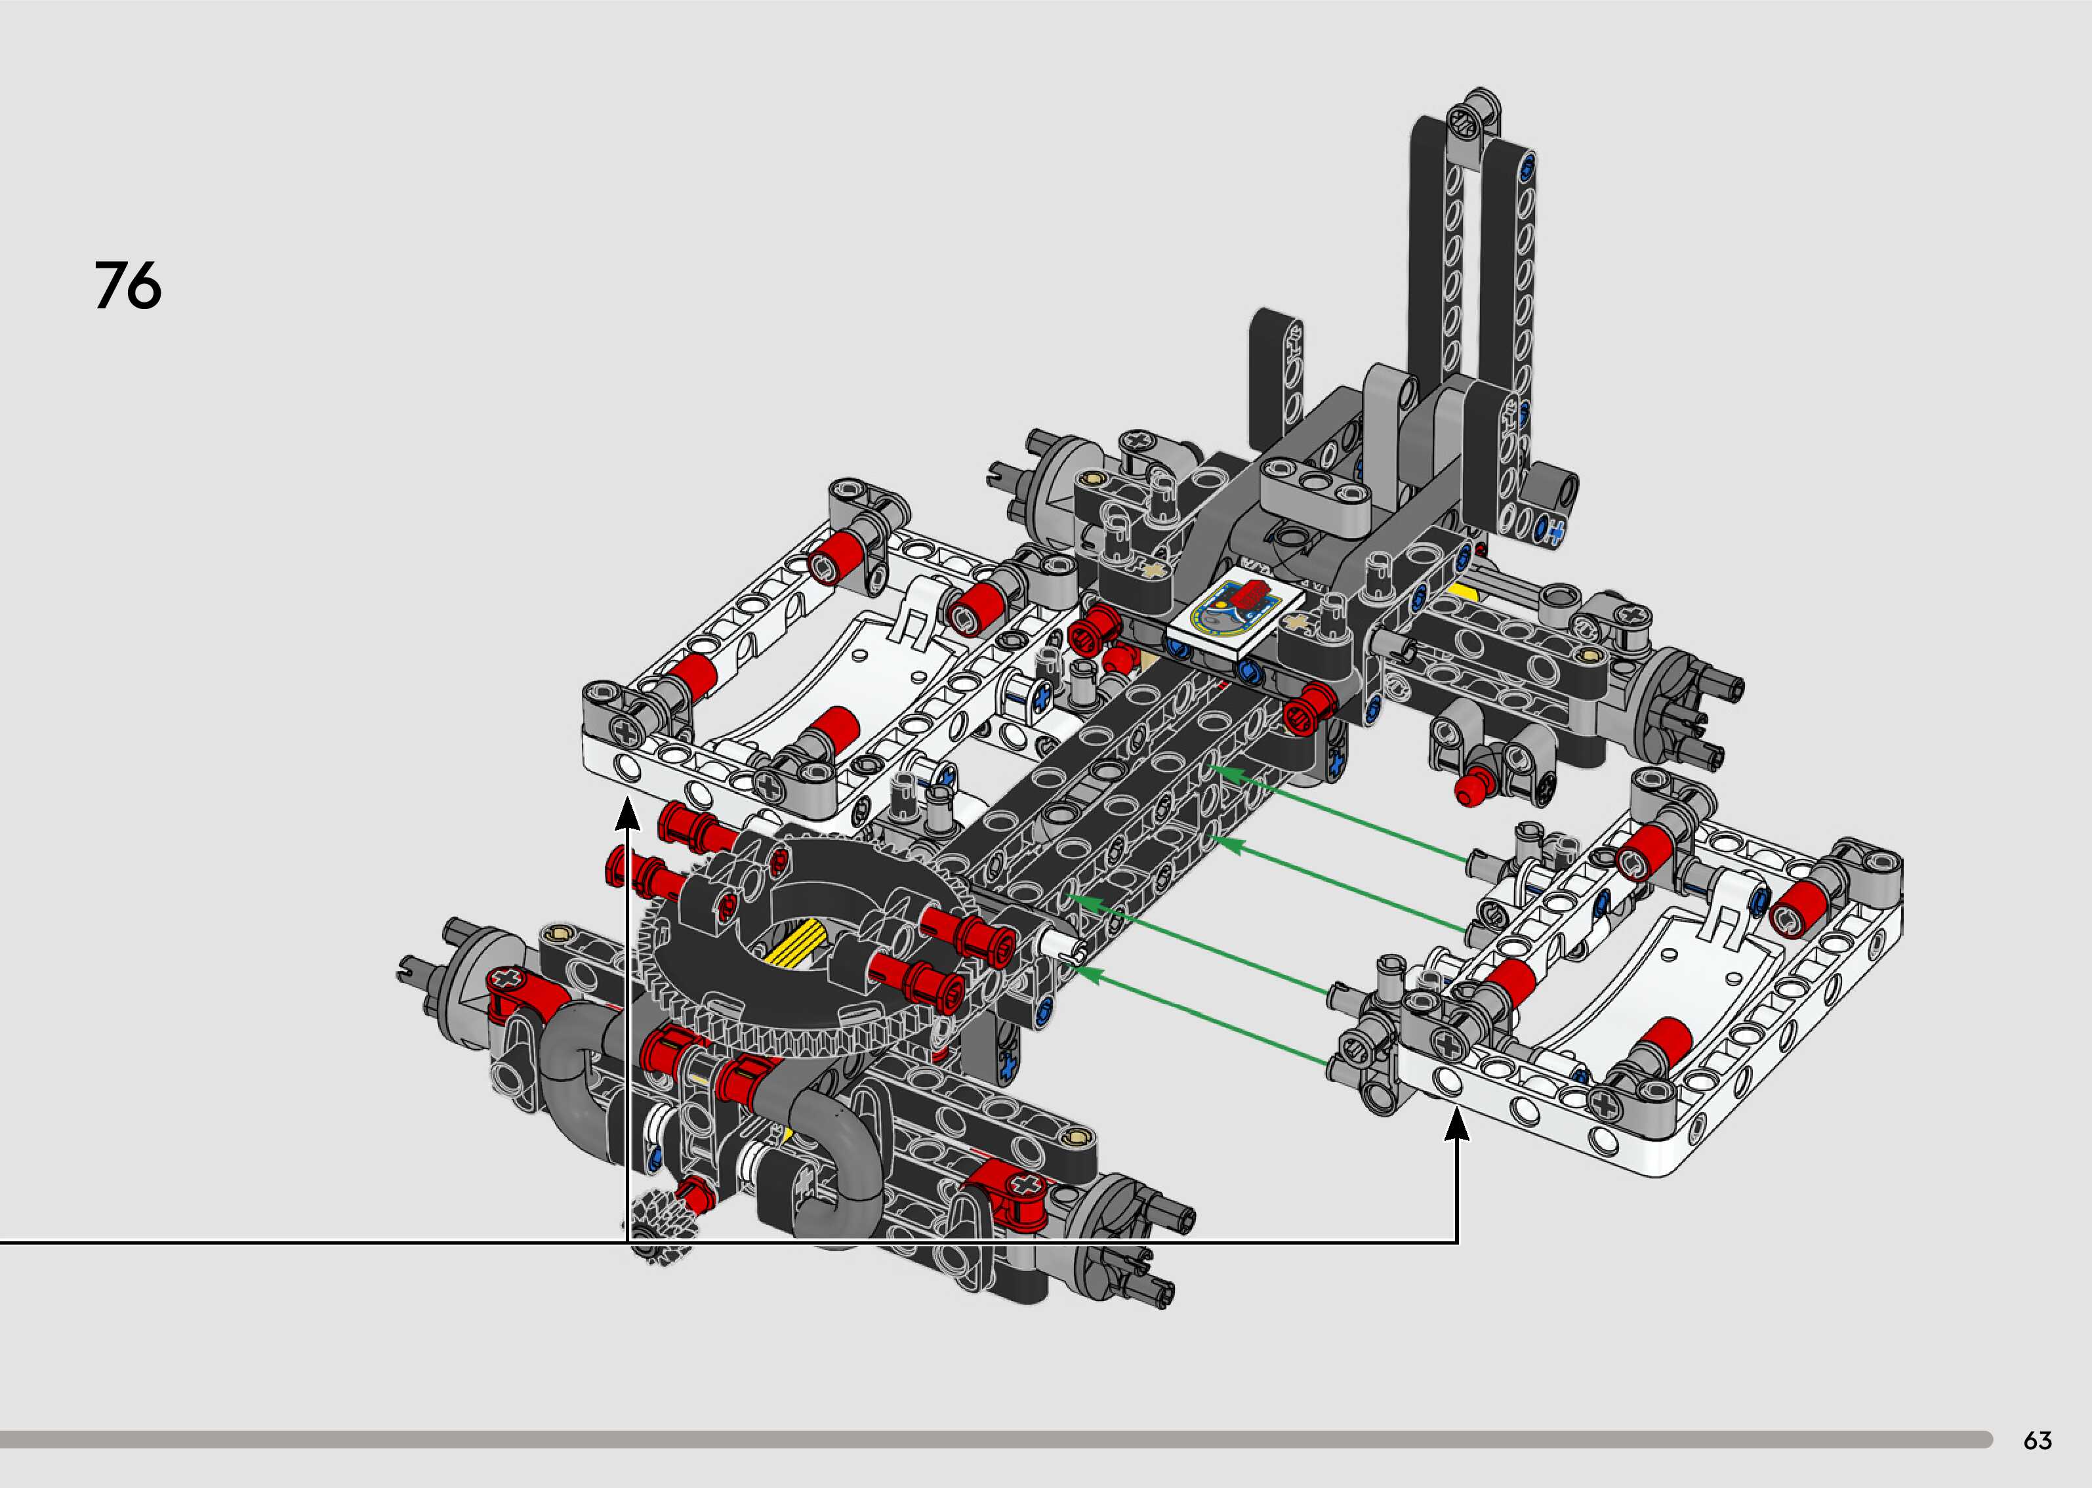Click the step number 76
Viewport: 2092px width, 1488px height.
128,286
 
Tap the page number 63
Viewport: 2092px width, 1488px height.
2037,1440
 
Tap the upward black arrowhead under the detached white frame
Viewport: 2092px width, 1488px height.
1456,1125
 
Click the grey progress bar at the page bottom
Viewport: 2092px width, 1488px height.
996,1439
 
